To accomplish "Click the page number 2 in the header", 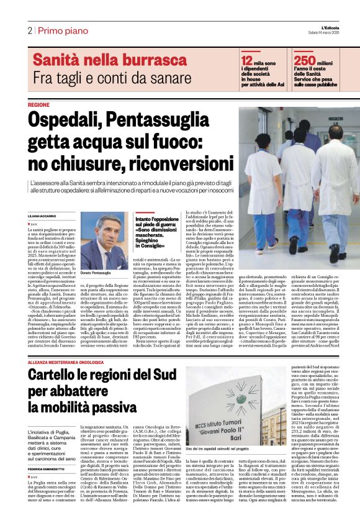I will pyautogui.click(x=29, y=31).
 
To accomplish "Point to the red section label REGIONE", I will pyautogui.click(x=39, y=105).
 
